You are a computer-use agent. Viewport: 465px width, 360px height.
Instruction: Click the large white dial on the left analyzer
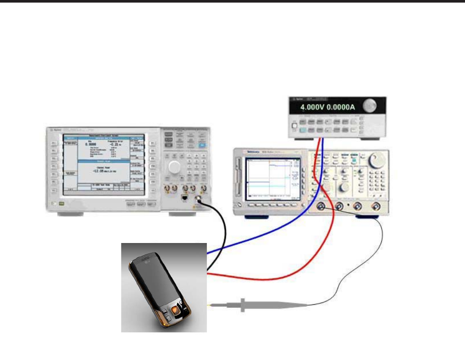click(x=174, y=168)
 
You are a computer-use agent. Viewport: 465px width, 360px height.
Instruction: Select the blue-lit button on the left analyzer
click(x=202, y=146)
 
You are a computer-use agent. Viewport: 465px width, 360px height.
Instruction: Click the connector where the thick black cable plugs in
click(x=199, y=199)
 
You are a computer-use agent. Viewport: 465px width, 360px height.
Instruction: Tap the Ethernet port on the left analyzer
click(x=183, y=198)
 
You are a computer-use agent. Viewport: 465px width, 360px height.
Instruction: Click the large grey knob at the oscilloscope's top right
click(x=376, y=161)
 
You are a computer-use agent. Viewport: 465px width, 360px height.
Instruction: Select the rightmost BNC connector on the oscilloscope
click(x=377, y=207)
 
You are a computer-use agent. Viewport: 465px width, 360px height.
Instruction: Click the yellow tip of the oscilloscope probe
click(x=209, y=306)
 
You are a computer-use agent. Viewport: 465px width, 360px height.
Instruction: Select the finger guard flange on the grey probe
click(x=243, y=305)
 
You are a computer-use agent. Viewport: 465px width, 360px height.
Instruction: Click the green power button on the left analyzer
click(x=62, y=203)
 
